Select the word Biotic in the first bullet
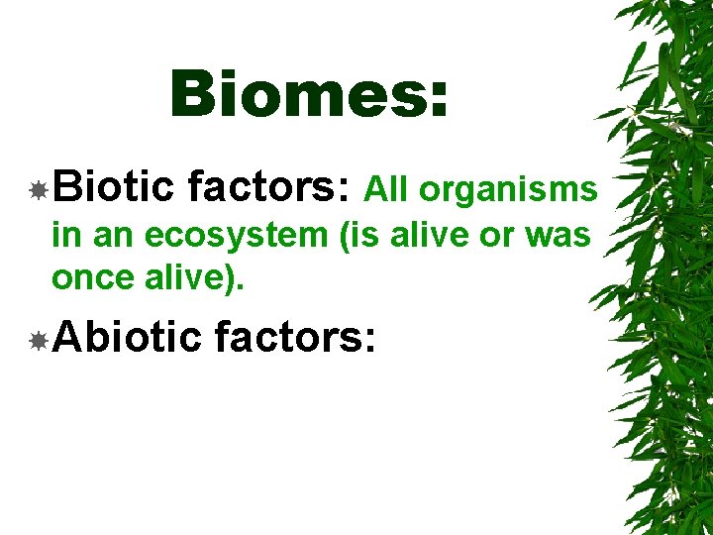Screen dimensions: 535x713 (114, 187)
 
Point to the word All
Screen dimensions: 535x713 (387, 189)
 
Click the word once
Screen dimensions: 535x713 (93, 278)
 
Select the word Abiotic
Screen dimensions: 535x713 (128, 339)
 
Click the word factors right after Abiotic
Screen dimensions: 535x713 (294, 339)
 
